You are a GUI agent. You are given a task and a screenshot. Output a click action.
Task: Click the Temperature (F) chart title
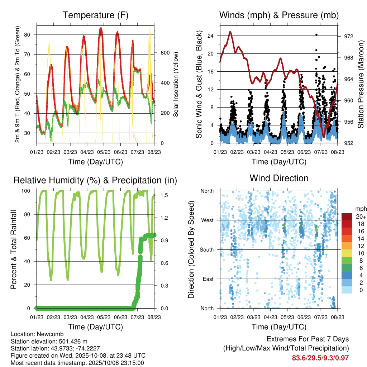(95, 15)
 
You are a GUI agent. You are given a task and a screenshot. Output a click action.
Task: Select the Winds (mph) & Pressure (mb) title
(279, 15)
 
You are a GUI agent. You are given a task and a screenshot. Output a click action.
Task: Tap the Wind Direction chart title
(279, 178)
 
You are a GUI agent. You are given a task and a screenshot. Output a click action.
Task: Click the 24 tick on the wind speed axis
(211, 36)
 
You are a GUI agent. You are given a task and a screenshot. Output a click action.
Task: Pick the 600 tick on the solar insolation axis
(165, 53)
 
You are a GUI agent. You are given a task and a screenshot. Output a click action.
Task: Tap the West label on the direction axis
(208, 220)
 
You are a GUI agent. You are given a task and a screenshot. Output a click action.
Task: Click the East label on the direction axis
(208, 279)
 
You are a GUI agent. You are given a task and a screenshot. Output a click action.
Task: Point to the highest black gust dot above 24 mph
(316, 35)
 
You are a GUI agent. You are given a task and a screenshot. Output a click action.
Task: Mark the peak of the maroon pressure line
(230, 32)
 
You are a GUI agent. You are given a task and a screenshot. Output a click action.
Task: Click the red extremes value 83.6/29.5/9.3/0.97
(320, 358)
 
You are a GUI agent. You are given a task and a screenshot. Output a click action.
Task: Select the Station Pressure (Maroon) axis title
(361, 85)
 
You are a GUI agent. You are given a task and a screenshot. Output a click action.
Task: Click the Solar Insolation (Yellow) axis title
(176, 85)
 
